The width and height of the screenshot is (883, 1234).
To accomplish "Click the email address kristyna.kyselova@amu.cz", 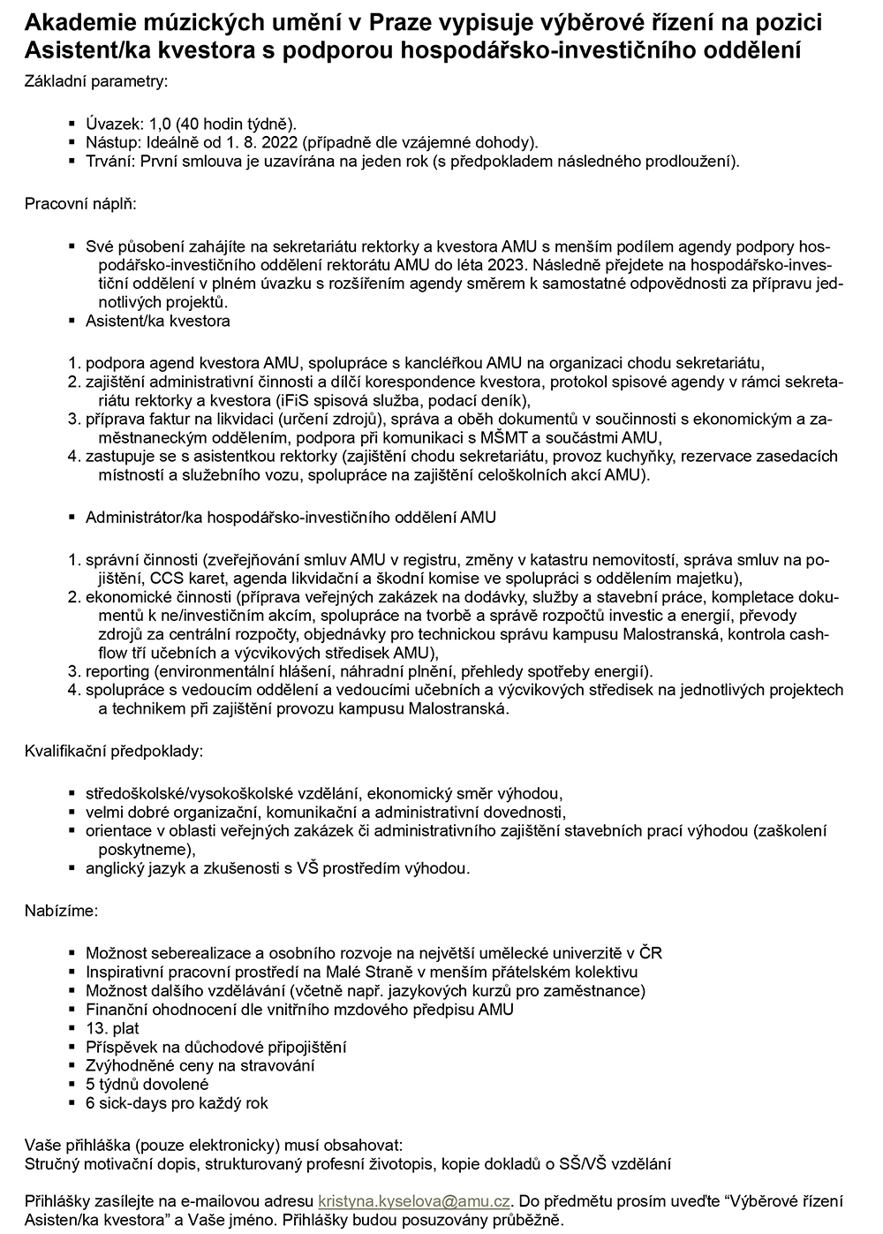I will click(414, 1201).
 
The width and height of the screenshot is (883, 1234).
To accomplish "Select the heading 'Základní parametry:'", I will click(95, 81).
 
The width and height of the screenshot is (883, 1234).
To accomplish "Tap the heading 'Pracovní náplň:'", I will click(80, 204).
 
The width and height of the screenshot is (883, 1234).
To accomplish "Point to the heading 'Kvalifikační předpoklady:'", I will click(114, 752).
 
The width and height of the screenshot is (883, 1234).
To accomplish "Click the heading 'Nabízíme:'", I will click(62, 909).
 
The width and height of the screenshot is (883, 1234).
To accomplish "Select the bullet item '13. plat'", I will click(112, 1028).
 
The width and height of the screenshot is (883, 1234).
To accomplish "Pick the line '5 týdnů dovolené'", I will click(147, 1084).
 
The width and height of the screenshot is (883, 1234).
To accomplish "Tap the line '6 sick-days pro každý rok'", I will click(177, 1102).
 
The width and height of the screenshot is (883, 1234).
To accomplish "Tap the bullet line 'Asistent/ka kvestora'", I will click(158, 321).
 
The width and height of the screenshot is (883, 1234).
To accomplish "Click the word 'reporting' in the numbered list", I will click(117, 671).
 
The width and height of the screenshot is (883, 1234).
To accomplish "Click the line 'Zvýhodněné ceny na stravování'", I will click(187, 1065).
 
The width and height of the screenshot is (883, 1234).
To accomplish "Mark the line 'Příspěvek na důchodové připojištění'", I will click(215, 1047).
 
